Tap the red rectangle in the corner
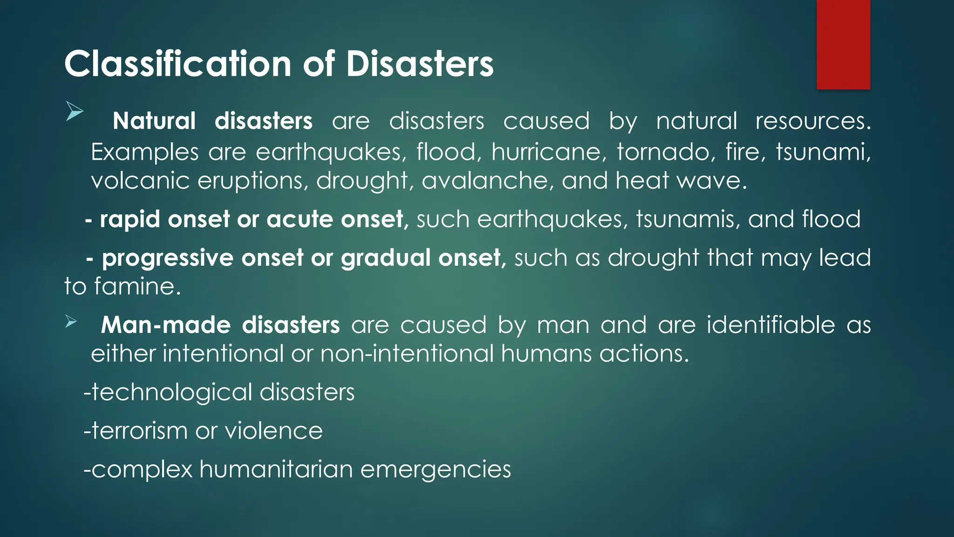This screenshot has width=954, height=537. tap(843, 44)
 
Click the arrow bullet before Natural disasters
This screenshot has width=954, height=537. tap(74, 111)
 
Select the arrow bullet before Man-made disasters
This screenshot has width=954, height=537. tap(71, 321)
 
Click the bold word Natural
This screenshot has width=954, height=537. tap(154, 121)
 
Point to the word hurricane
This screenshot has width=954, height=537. tap(549, 152)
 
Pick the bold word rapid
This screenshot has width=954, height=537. tap(130, 220)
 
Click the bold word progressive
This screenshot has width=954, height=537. tap(167, 258)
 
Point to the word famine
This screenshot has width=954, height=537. tap(137, 286)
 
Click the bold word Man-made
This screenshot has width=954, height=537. tap(166, 325)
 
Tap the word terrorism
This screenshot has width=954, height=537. tap(139, 431)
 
